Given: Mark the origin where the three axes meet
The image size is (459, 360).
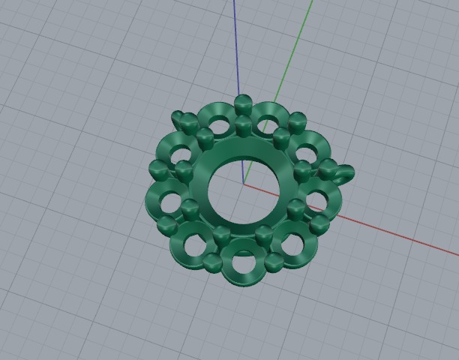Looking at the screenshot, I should point(244,182).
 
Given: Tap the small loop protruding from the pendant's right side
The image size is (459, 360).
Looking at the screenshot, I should point(346,174).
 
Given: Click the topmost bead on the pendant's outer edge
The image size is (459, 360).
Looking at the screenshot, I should point(242,103).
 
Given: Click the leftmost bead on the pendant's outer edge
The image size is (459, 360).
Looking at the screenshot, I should point(155,166).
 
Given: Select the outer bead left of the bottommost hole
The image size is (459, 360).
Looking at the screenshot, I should point(212,261).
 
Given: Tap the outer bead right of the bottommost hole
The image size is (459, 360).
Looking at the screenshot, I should point(274,261).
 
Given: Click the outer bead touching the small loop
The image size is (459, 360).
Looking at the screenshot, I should point(328,167).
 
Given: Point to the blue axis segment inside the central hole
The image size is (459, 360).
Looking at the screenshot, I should point(241,169).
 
